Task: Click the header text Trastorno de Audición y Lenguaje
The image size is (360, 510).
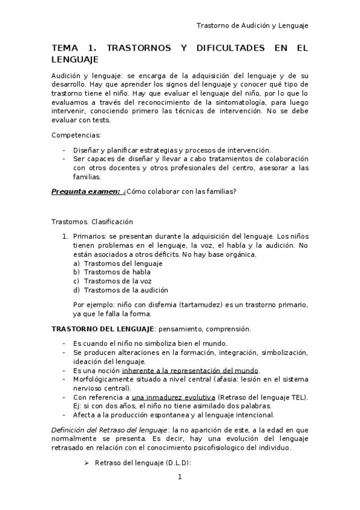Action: [252, 25]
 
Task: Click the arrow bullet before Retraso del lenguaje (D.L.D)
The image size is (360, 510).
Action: [86, 462]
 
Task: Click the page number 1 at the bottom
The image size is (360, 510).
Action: [180, 478]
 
